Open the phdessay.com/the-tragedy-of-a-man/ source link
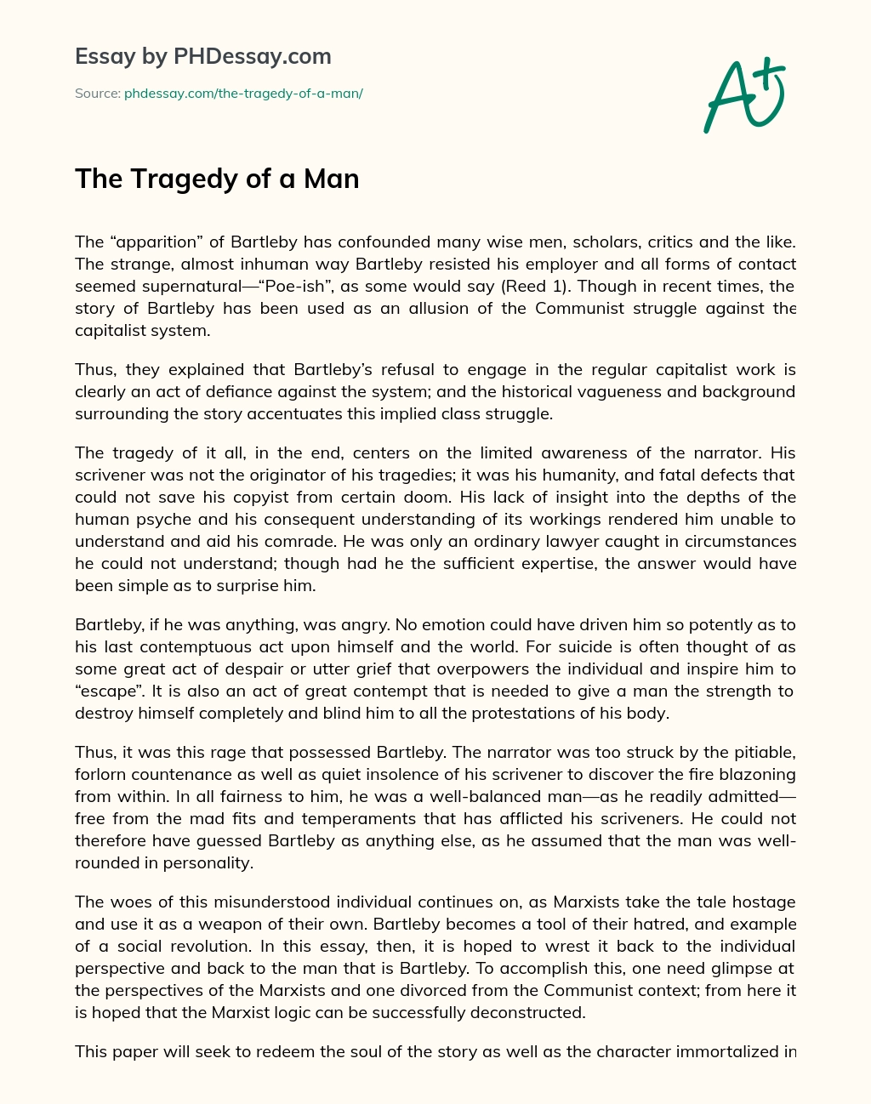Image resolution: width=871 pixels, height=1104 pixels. point(243,94)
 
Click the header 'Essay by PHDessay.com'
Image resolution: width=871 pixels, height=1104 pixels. point(202,57)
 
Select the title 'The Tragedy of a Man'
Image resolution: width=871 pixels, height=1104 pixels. point(217,179)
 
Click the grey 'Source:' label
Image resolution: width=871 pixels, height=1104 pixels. point(97,94)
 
